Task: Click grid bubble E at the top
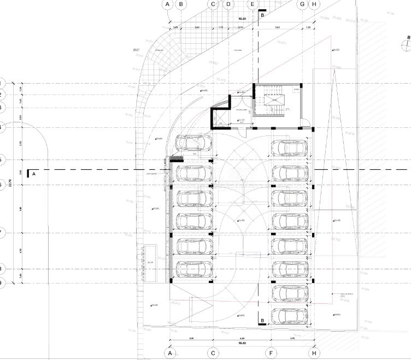pyautogui.click(x=253, y=4)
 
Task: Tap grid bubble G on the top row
pyautogui.click(x=302, y=4)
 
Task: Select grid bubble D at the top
pyautogui.click(x=227, y=4)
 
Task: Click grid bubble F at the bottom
pyautogui.click(x=271, y=353)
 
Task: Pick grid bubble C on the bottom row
pyautogui.click(x=213, y=353)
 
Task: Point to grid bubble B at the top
pyautogui.click(x=181, y=4)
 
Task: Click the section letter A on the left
pyautogui.click(x=34, y=174)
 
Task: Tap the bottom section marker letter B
pyautogui.click(x=262, y=321)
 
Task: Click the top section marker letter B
pyautogui.click(x=263, y=16)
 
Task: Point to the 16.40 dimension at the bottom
pyautogui.click(x=240, y=344)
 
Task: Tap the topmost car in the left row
pyautogui.click(x=194, y=143)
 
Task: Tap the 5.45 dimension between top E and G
pyautogui.click(x=277, y=27)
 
